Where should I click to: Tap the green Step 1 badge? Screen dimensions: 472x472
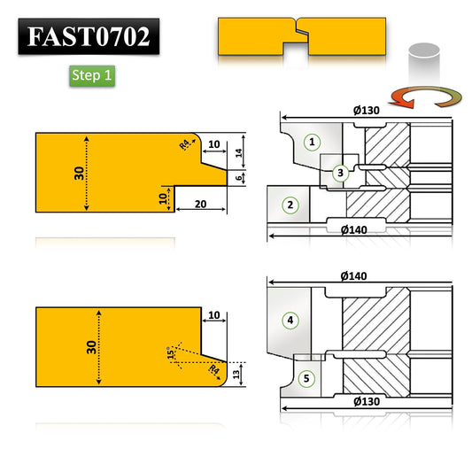coord(92,75)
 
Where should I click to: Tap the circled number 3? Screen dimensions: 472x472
coord(340,174)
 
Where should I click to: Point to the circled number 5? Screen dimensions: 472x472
coord(307,378)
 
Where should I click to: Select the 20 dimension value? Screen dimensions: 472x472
coord(201,204)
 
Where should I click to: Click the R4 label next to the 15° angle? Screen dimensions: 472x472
coord(214,372)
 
